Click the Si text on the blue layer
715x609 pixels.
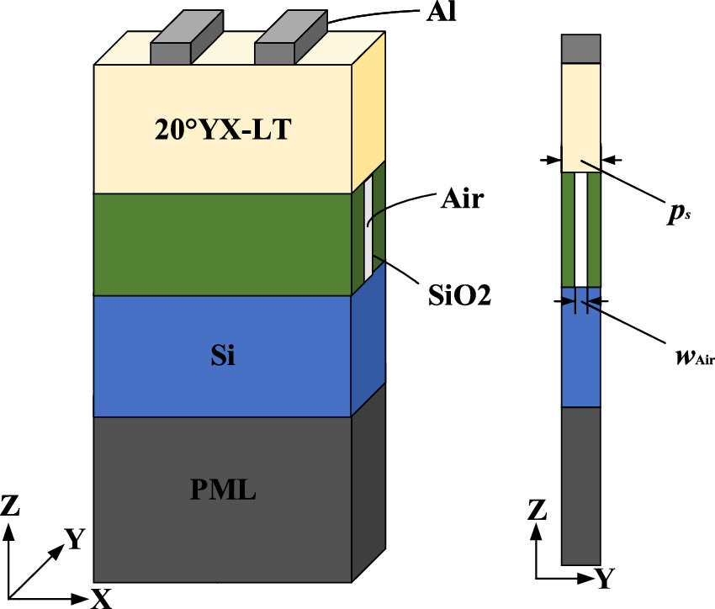(x=222, y=357)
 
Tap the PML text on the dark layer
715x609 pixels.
(x=222, y=490)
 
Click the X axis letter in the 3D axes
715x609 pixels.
(x=101, y=598)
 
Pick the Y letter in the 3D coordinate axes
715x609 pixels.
(x=75, y=538)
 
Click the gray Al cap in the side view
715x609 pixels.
(x=580, y=50)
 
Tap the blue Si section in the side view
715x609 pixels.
(x=580, y=349)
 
